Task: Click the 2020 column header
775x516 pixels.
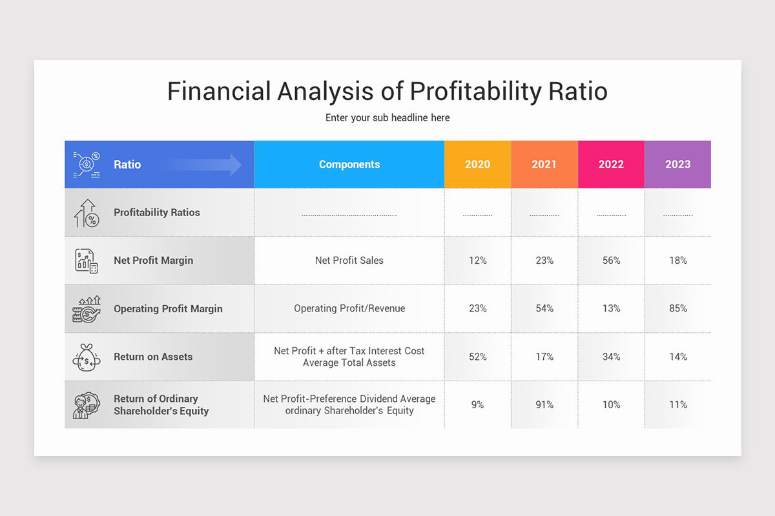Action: coord(477,164)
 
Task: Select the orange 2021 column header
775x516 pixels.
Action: coord(544,164)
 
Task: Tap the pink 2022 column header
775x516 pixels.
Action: coord(611,164)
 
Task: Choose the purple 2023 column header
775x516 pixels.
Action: coord(677,164)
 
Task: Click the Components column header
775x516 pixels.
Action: coord(349,164)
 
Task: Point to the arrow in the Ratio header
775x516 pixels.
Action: coord(200,164)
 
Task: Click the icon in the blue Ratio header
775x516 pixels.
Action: coord(87,164)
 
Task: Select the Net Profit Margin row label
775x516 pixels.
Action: coord(153,261)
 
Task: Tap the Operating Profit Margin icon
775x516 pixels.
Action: coord(87,309)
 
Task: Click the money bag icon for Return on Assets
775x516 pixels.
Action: coord(87,357)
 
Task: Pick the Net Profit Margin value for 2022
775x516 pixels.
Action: coord(611,261)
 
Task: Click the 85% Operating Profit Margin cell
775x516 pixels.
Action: coord(677,309)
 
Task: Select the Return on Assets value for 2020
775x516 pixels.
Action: coord(477,357)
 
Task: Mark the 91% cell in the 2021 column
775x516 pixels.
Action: coord(544,405)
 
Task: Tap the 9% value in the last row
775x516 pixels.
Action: coord(477,405)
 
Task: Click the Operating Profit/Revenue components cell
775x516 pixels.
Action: coord(349,309)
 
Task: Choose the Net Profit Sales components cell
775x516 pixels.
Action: coord(349,261)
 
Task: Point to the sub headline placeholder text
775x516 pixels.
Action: coord(387,118)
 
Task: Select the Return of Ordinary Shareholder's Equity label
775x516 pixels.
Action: coord(161,405)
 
